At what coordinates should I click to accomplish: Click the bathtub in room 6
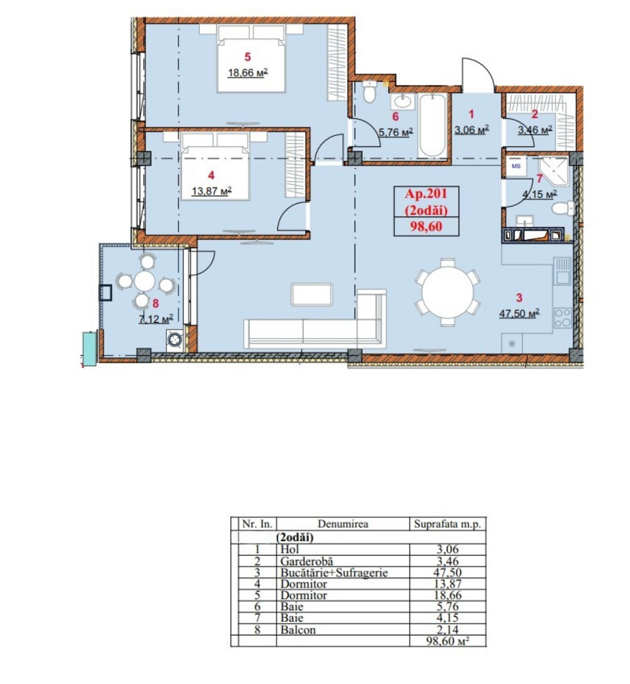point(432,126)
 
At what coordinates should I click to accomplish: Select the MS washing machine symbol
point(516,166)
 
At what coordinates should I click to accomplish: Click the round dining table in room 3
point(447,292)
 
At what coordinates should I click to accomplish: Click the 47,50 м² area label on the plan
point(519,313)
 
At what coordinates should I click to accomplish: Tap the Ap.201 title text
point(426,194)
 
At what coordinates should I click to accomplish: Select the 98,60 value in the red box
point(426,226)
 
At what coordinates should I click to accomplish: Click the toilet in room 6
point(369,91)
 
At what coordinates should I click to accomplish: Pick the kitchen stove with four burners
point(563,317)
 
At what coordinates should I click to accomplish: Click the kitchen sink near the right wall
point(562,271)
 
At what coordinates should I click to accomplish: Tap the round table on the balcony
point(145,281)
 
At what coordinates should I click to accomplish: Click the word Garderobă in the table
point(306,561)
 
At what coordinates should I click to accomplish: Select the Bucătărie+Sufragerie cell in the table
point(334,572)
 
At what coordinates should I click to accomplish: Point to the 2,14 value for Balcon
point(447,629)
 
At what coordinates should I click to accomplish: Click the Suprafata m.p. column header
point(447,524)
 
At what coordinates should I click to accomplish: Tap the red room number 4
point(211,175)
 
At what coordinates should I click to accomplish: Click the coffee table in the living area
point(312,294)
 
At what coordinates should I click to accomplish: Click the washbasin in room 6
point(403,102)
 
